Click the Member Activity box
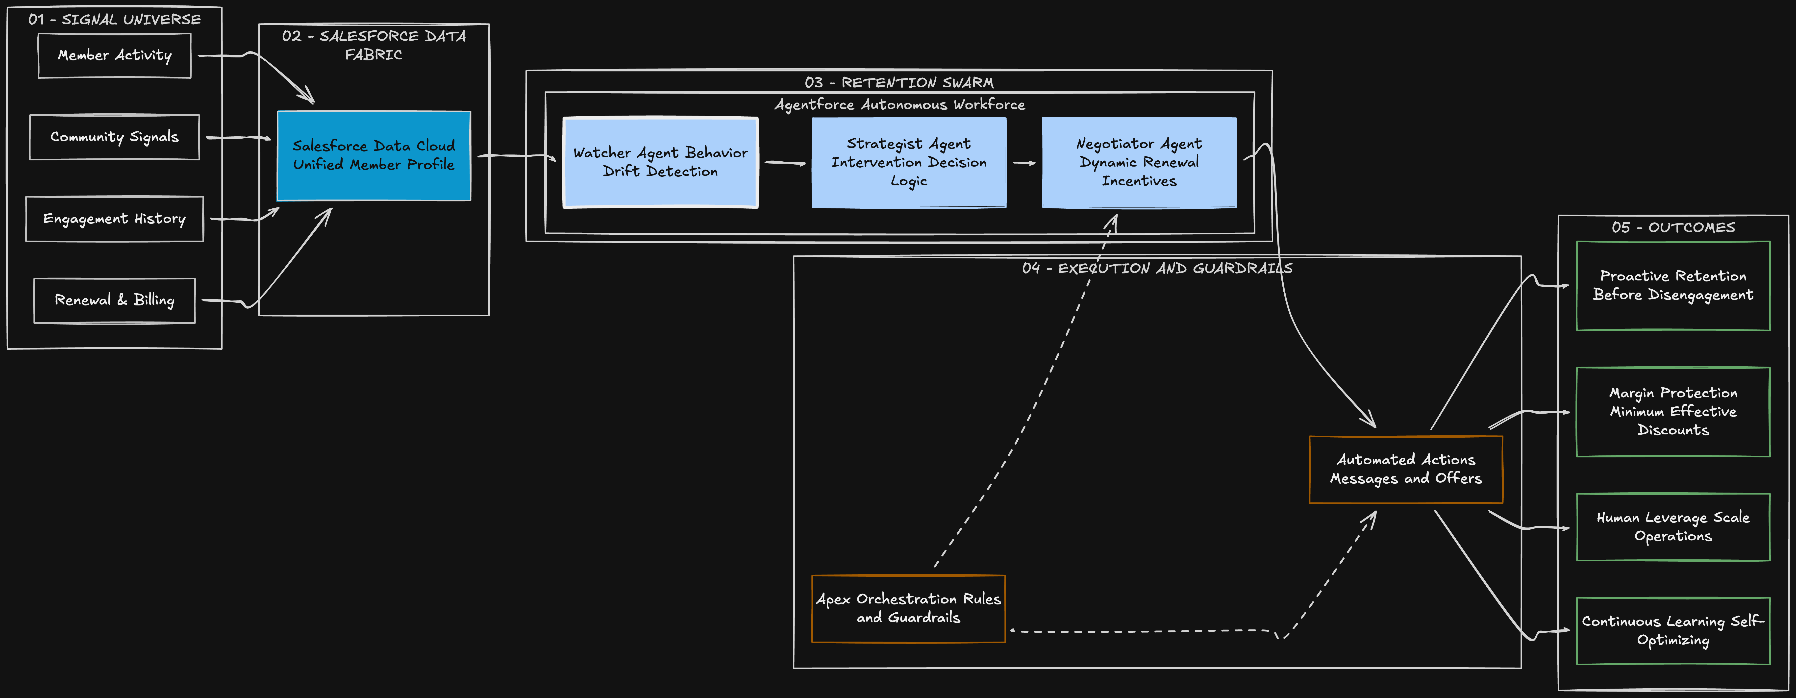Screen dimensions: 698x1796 pyautogui.click(x=114, y=56)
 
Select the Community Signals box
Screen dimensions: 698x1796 pyautogui.click(x=114, y=137)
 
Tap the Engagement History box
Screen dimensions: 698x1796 pyautogui.click(x=114, y=219)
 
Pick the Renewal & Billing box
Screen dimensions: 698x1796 pyautogui.click(x=114, y=300)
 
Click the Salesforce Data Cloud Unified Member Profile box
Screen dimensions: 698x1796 pyautogui.click(x=374, y=155)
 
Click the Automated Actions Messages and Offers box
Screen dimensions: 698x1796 pyautogui.click(x=1406, y=469)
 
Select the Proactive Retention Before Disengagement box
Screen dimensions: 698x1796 pyautogui.click(x=1672, y=286)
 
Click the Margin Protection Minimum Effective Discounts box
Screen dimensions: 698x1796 pyautogui.click(x=1672, y=411)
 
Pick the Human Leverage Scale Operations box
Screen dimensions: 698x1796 pyautogui.click(x=1672, y=527)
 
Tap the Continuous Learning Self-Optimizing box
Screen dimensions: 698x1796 pyautogui.click(x=1672, y=631)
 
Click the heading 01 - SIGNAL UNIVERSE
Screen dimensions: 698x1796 pyautogui.click(x=114, y=20)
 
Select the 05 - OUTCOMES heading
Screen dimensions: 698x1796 pyautogui.click(x=1672, y=227)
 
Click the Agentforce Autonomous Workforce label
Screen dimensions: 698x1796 pyautogui.click(x=899, y=105)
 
